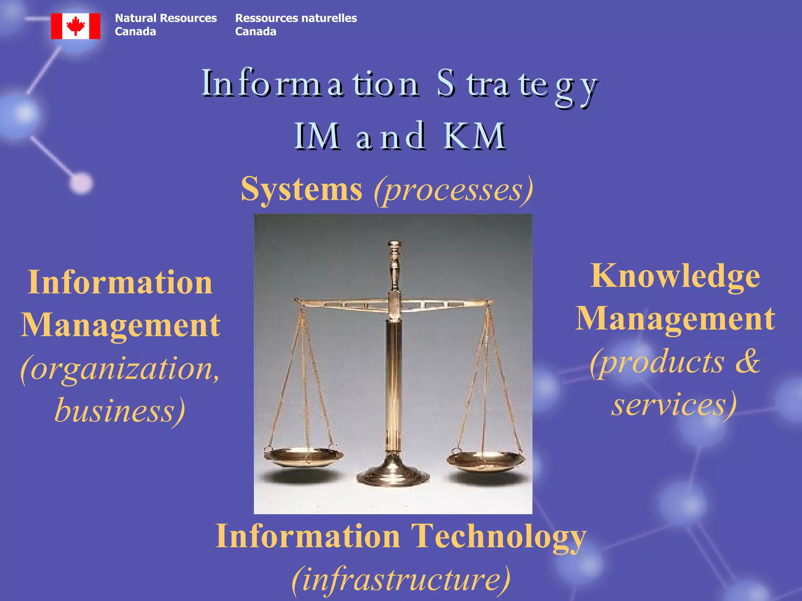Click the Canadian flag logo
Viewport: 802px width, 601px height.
point(76,26)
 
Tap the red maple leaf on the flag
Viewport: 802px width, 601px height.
point(76,26)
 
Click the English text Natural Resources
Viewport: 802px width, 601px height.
point(166,18)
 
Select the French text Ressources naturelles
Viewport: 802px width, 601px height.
point(296,18)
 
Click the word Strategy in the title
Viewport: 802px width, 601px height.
point(517,85)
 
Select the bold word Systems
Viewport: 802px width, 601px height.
point(301,189)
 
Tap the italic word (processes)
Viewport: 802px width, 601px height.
point(453,190)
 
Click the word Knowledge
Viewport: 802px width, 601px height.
point(675,276)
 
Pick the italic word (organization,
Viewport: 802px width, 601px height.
point(120,369)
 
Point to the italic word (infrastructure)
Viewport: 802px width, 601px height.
point(401,579)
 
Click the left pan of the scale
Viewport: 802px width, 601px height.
point(303,457)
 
